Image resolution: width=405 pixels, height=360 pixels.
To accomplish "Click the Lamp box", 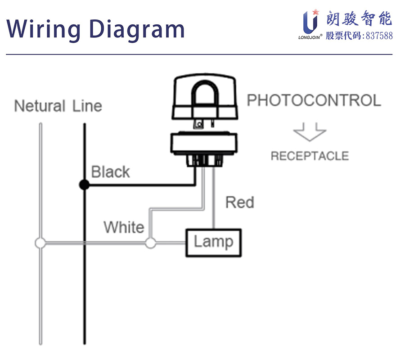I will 213,243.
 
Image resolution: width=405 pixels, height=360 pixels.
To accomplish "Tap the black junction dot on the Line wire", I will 84,184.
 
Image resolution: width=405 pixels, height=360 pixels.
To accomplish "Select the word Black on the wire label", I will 110,172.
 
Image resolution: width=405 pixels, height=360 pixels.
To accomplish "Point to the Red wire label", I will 239,202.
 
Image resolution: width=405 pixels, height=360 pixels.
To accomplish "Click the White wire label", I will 124,227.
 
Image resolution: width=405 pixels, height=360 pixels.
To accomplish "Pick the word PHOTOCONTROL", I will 314,100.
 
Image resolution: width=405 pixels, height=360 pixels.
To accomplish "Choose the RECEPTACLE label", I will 309,156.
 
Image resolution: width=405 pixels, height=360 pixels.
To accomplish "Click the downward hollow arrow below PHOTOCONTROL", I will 309,132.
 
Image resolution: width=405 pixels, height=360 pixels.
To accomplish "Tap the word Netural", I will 40,106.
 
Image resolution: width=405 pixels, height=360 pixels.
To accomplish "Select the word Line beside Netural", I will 87,106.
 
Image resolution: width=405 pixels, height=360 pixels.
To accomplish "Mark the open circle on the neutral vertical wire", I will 40,243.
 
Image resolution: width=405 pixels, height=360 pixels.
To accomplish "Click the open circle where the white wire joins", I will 150,243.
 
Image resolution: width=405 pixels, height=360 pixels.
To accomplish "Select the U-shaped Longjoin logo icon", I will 310,21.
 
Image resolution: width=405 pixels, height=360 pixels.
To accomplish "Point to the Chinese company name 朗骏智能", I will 359,19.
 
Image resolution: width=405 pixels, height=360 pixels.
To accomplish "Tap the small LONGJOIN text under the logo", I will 309,38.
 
